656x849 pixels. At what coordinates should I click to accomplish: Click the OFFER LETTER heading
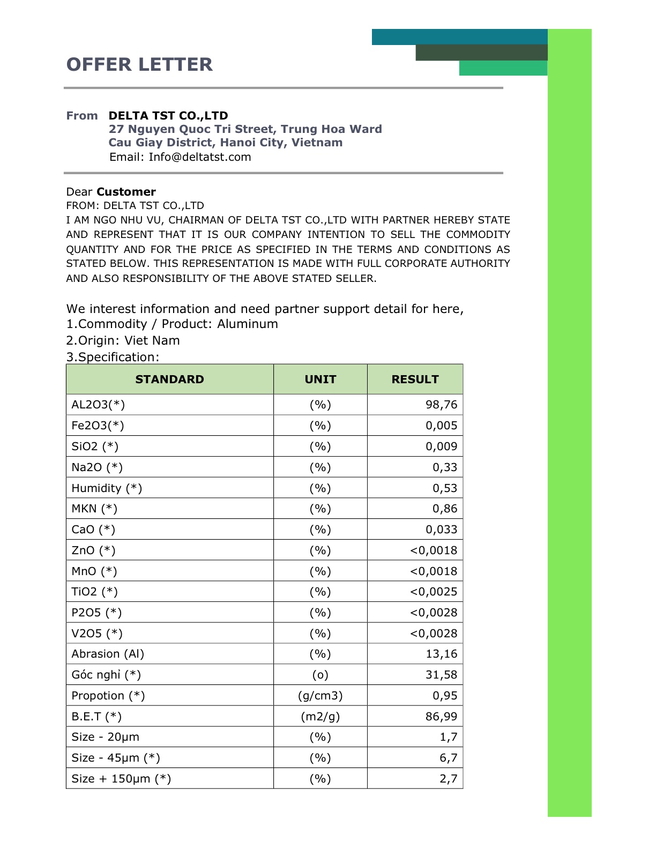click(x=139, y=64)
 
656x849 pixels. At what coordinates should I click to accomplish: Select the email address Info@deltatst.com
click(x=200, y=157)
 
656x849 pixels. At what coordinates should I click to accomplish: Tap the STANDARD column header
click(x=169, y=379)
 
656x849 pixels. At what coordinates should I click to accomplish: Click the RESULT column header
click(x=415, y=379)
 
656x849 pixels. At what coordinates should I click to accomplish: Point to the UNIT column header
click(x=320, y=379)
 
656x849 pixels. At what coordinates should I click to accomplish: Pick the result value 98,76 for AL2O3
click(x=441, y=405)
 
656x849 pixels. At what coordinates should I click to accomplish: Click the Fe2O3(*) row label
click(x=98, y=426)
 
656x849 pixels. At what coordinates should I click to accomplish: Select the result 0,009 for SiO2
click(x=441, y=446)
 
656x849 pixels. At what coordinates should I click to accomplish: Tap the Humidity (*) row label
click(x=107, y=488)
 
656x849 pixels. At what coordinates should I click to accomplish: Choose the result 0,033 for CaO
click(x=441, y=530)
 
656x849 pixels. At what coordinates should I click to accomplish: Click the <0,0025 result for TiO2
click(x=434, y=592)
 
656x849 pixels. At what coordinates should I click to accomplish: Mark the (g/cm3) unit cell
click(x=320, y=696)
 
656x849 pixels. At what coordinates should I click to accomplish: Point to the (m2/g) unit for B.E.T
click(x=320, y=717)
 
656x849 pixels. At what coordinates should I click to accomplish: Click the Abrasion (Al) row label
click(x=108, y=654)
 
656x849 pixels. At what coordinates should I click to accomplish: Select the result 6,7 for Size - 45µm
click(x=448, y=758)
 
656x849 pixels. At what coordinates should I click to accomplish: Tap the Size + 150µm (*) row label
click(x=121, y=779)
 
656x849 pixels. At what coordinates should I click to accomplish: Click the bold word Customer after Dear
click(x=126, y=192)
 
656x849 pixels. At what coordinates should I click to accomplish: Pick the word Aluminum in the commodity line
click(x=248, y=324)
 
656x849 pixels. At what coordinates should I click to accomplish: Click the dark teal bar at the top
click(x=459, y=37)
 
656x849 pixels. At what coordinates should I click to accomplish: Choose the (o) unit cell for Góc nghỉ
click(x=320, y=675)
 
